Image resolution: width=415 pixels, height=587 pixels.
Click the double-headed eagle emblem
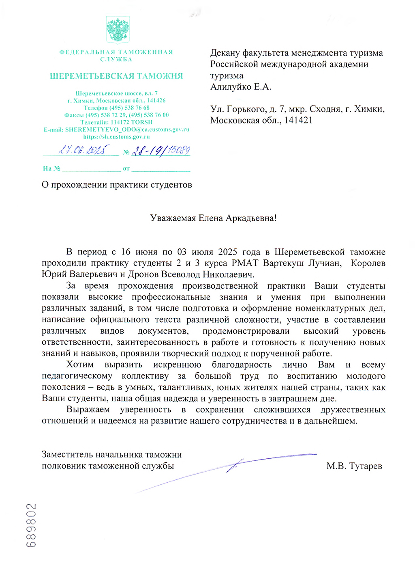118,30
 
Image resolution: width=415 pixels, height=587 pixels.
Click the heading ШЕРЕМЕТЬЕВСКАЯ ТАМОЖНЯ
116,76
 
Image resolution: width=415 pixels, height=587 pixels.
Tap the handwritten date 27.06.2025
83,150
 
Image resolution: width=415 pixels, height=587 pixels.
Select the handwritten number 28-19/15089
161,151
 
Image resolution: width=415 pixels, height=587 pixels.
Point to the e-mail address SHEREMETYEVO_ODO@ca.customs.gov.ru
127,129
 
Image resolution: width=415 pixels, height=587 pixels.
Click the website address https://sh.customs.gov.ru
116,137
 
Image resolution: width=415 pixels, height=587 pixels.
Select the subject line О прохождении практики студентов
117,185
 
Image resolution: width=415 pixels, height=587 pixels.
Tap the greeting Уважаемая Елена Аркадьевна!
213,218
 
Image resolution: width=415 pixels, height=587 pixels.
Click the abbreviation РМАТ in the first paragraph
245,263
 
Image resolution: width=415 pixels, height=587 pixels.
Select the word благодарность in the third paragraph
242,365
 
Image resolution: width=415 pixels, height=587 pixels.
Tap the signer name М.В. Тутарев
354,466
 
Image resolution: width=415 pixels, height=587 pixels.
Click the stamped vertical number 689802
32,525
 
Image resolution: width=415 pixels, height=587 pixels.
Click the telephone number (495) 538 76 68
129,108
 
